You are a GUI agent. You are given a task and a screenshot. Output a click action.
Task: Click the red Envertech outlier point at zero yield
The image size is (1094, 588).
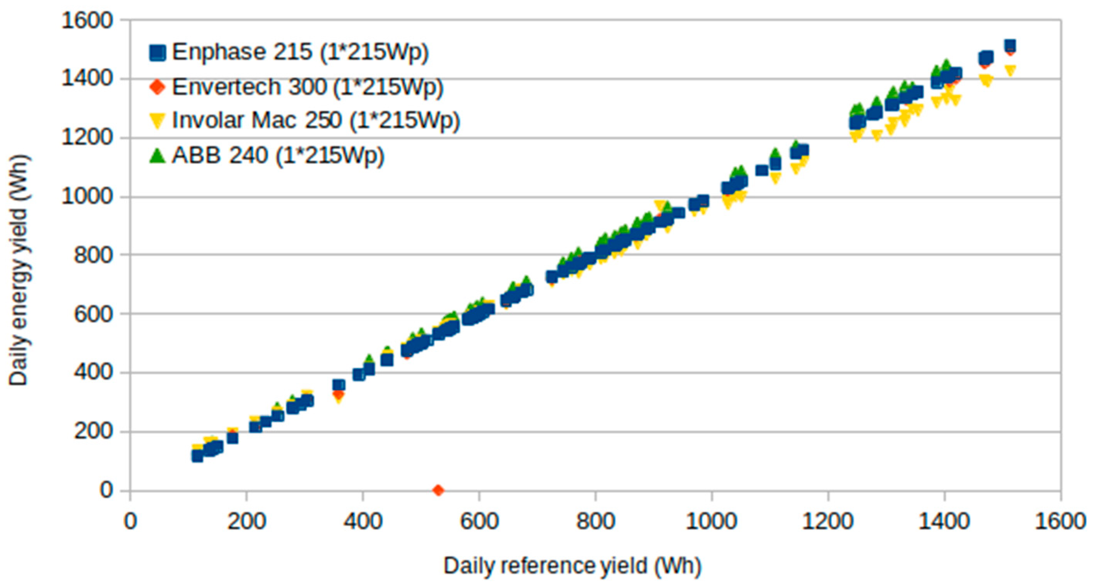(x=438, y=491)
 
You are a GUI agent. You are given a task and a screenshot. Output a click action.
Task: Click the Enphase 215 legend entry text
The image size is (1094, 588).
(x=300, y=52)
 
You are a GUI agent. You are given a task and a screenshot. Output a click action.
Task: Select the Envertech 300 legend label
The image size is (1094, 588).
(x=308, y=87)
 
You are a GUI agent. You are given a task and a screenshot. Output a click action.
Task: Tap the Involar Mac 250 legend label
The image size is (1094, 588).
(x=316, y=120)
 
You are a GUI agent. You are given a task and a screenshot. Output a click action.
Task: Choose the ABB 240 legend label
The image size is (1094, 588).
(x=278, y=155)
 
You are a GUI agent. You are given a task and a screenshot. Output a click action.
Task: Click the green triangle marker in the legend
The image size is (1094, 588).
(x=157, y=156)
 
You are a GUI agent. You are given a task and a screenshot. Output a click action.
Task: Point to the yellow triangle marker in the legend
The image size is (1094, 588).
(x=157, y=121)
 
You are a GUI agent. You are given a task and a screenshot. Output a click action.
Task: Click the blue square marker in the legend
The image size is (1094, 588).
(x=157, y=53)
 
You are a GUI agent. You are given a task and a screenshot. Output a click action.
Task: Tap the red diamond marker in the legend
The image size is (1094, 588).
(x=157, y=87)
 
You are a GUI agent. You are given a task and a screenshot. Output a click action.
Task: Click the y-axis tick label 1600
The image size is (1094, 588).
(x=87, y=20)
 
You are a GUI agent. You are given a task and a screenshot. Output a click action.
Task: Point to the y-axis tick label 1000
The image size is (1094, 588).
(x=87, y=197)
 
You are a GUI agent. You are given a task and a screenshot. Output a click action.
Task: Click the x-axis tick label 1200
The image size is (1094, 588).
(x=827, y=521)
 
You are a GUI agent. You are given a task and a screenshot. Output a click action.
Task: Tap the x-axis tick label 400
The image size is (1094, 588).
(x=363, y=521)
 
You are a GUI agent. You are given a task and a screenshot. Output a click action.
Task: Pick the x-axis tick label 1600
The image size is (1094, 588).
(x=1060, y=521)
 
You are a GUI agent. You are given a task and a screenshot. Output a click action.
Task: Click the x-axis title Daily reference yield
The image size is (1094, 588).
(x=572, y=566)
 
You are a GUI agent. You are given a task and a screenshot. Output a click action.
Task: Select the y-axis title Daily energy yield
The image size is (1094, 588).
(x=19, y=270)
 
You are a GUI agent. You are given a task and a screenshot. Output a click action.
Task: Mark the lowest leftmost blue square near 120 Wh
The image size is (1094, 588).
(x=197, y=456)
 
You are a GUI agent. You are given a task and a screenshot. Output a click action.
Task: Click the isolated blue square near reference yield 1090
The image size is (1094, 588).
(x=761, y=171)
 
